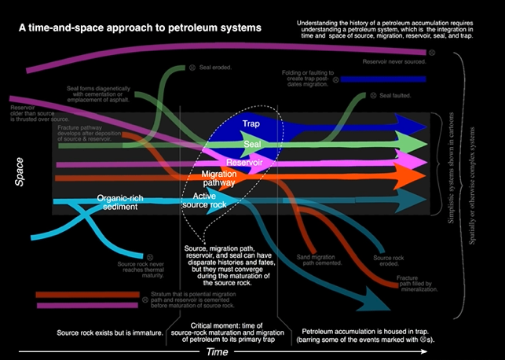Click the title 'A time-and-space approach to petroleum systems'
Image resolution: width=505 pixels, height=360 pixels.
(x=141, y=28)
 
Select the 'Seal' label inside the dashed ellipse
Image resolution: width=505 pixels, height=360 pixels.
(x=252, y=145)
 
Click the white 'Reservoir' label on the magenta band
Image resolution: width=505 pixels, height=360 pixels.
(x=245, y=162)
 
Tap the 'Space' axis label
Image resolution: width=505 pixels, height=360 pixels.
(x=20, y=172)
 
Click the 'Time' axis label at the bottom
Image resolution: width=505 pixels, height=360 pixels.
(x=222, y=352)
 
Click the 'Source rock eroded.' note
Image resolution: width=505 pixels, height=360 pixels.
(x=390, y=262)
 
